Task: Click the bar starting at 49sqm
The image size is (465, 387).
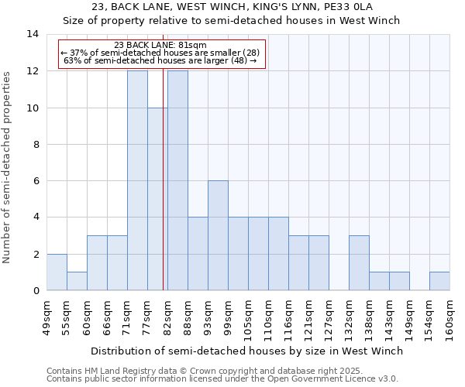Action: (57, 272)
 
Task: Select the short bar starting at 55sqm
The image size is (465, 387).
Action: (77, 281)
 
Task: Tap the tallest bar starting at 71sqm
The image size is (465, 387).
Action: (137, 180)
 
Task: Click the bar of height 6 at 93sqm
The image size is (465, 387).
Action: (218, 235)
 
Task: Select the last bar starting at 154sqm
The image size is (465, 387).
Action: (439, 281)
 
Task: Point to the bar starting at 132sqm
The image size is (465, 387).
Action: (359, 262)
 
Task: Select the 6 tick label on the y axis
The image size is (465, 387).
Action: (36, 181)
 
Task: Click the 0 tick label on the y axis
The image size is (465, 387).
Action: (36, 291)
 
